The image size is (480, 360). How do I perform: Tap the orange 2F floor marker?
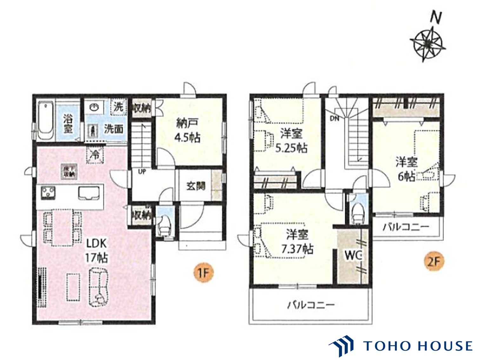434,262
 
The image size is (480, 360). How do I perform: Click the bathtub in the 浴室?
45,121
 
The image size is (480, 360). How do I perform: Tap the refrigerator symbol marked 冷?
94,155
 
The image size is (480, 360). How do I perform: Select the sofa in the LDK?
100,287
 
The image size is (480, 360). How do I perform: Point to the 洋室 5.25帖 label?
291,141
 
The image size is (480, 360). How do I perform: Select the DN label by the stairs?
335,119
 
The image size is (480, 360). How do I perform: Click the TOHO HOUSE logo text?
418,346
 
